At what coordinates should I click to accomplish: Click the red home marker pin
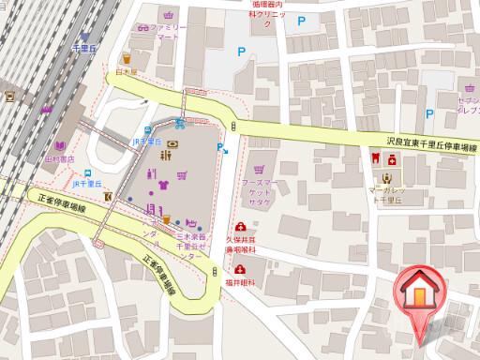(418, 298)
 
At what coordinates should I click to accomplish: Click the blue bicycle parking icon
(150, 130)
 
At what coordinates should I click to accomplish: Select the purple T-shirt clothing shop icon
(162, 185)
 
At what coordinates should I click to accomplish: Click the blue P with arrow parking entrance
(222, 148)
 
